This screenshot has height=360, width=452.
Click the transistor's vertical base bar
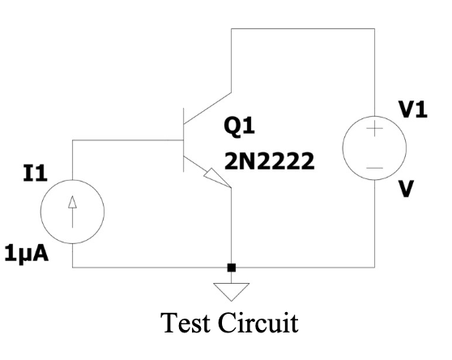coord(183,141)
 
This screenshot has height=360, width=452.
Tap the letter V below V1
coord(407,189)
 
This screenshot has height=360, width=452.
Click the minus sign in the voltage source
coord(374,167)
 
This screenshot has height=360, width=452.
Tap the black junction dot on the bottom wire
coord(232,267)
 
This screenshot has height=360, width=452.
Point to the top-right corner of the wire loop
coord(374,29)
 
